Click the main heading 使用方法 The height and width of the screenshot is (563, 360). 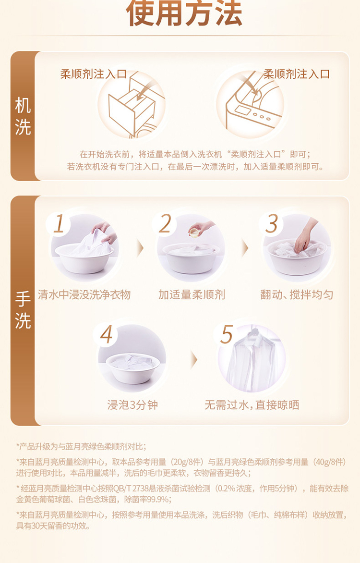pyautogui.click(x=184, y=13)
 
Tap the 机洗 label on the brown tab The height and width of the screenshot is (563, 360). pyautogui.click(x=23, y=116)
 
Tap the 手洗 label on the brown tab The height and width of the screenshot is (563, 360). pyautogui.click(x=23, y=310)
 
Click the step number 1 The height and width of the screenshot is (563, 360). pyautogui.click(x=59, y=224)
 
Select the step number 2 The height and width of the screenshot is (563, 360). pyautogui.click(x=165, y=224)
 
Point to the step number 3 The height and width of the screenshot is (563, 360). pyautogui.click(x=271, y=224)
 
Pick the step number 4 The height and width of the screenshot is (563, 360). pyautogui.click(x=106, y=335)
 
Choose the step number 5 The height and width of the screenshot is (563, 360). pyautogui.click(x=227, y=335)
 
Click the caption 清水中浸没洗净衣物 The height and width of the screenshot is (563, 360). pyautogui.click(x=84, y=295)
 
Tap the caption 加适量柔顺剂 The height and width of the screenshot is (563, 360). pyautogui.click(x=192, y=295)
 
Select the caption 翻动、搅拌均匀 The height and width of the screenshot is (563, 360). pyautogui.click(x=297, y=295)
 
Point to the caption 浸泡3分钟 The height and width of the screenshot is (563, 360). pyautogui.click(x=132, y=405)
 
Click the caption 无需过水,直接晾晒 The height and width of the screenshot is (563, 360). pyautogui.click(x=252, y=405)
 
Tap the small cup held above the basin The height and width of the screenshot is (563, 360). pyautogui.click(x=194, y=233)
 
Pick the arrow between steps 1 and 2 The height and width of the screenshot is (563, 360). pyautogui.click(x=140, y=248)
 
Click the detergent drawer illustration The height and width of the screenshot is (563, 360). pyautogui.click(x=132, y=106)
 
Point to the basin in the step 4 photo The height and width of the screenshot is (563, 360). pyautogui.click(x=133, y=367)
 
